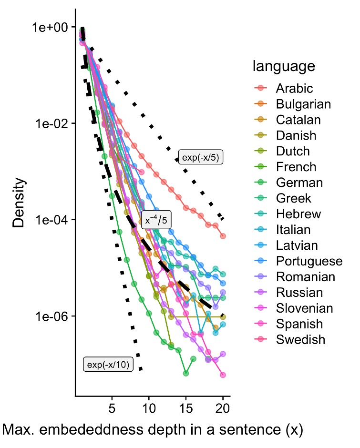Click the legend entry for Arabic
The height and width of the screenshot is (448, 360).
point(294,89)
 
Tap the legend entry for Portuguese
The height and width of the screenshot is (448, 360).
point(309,262)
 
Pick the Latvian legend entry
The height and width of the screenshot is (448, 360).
point(296,246)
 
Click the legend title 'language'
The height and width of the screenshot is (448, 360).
point(284,66)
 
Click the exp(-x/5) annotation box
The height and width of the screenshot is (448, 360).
point(201,157)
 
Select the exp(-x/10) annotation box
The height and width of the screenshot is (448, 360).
point(108,365)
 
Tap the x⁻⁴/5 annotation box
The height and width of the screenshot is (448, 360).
point(156,220)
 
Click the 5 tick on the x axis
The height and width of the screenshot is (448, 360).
point(112,408)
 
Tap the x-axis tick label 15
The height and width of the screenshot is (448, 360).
point(186,408)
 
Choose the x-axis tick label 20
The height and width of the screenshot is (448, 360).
point(223,408)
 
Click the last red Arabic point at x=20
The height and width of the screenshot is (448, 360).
point(223,236)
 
